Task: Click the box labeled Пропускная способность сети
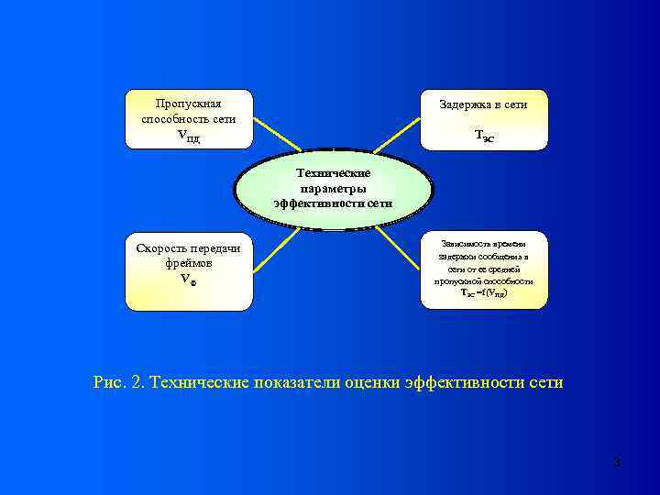click(x=188, y=119)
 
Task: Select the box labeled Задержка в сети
click(x=483, y=119)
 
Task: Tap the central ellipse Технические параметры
click(x=333, y=188)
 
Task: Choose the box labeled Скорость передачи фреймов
click(x=188, y=271)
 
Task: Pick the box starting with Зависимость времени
click(x=483, y=269)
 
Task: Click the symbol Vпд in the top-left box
click(x=188, y=137)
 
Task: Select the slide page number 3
click(x=617, y=462)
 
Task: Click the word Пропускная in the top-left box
click(x=188, y=103)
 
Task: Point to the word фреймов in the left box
click(x=188, y=263)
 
